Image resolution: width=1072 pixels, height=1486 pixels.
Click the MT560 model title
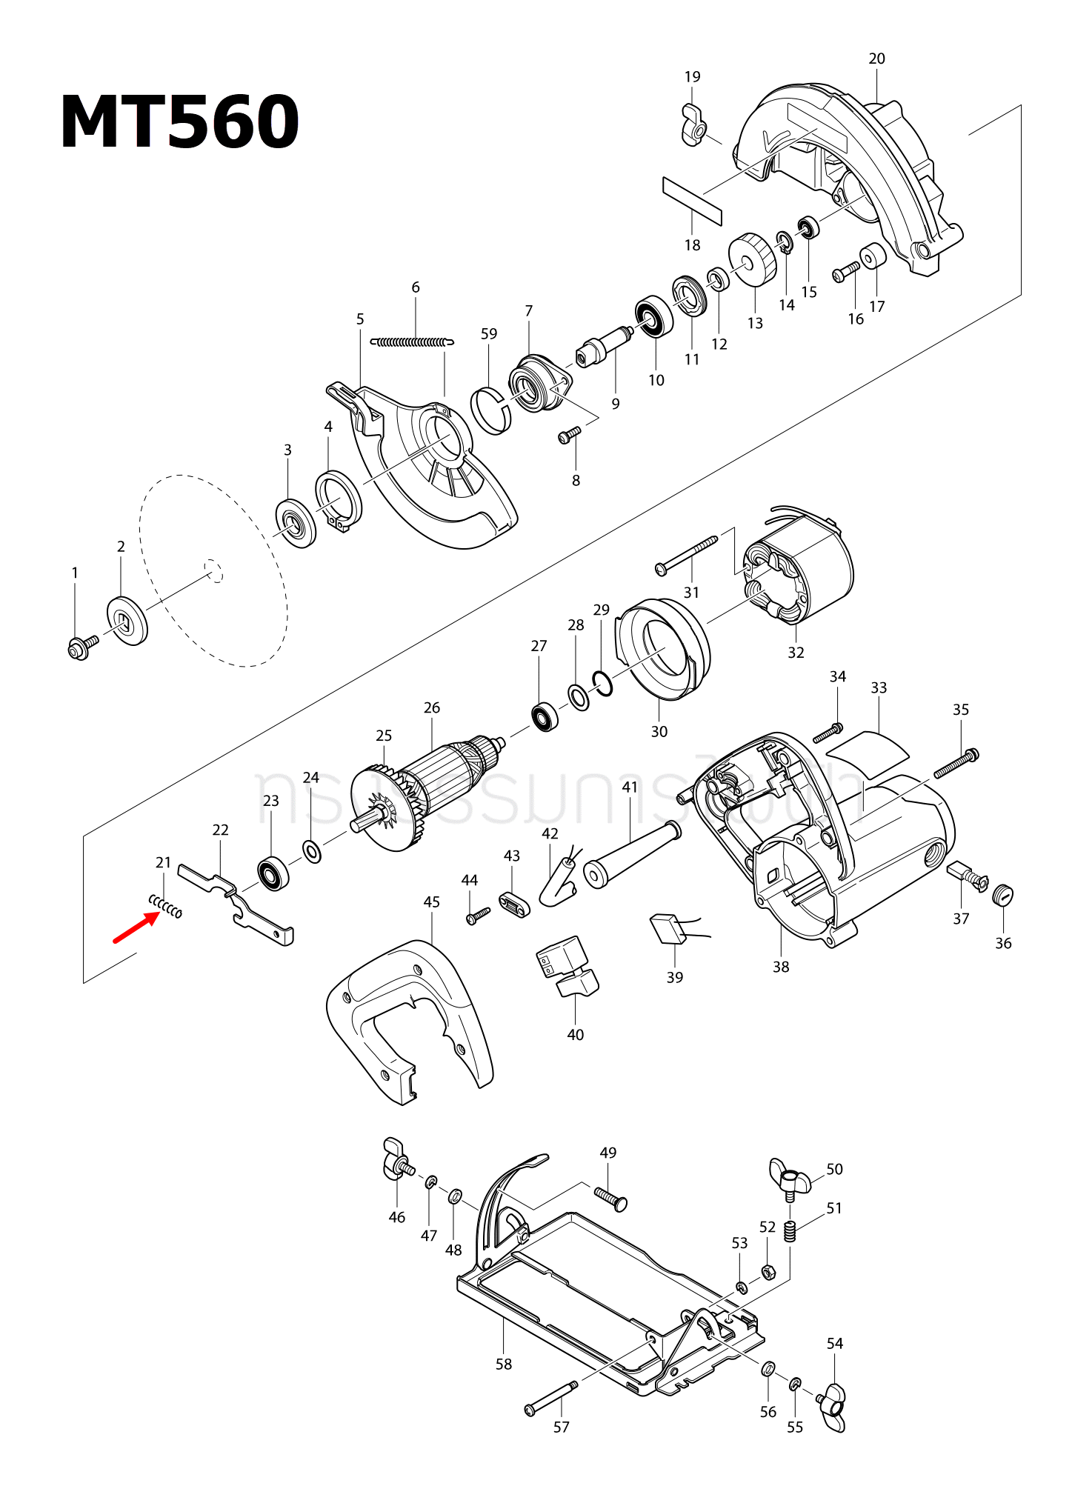179,122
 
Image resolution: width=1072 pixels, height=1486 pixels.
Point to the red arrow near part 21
136,928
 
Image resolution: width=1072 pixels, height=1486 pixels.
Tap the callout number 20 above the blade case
876,59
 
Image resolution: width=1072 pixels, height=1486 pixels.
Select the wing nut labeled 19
694,127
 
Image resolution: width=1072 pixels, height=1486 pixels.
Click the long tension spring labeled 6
412,342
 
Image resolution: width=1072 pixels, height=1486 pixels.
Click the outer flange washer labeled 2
127,621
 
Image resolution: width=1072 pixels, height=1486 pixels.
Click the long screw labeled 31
687,555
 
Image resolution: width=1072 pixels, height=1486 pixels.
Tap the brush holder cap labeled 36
1002,895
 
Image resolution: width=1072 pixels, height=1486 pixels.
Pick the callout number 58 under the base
504,1364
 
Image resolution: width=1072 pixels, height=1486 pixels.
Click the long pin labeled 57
551,1397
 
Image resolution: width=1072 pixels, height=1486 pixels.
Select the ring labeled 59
491,411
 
